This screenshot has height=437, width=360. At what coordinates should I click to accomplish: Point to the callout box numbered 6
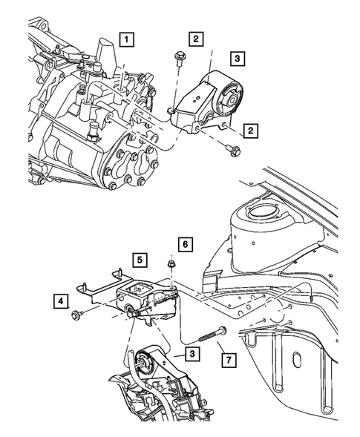[x=186, y=243]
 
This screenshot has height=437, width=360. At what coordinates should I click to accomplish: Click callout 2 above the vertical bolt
[x=195, y=39]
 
